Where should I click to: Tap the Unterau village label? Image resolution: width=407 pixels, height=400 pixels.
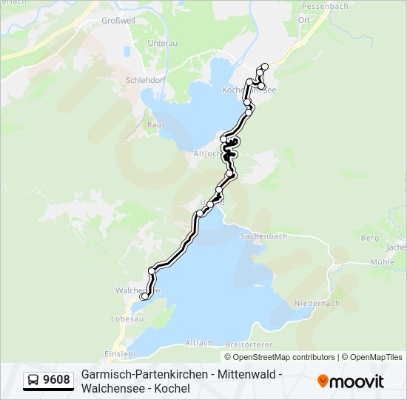[162, 44]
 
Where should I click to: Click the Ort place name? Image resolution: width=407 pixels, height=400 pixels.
[303, 20]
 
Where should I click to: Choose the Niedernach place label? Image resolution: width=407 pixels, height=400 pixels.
[316, 303]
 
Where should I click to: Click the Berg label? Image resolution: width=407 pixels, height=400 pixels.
[369, 238]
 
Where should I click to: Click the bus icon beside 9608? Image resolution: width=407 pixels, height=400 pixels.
[33, 381]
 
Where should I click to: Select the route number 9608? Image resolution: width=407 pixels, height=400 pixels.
[56, 381]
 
